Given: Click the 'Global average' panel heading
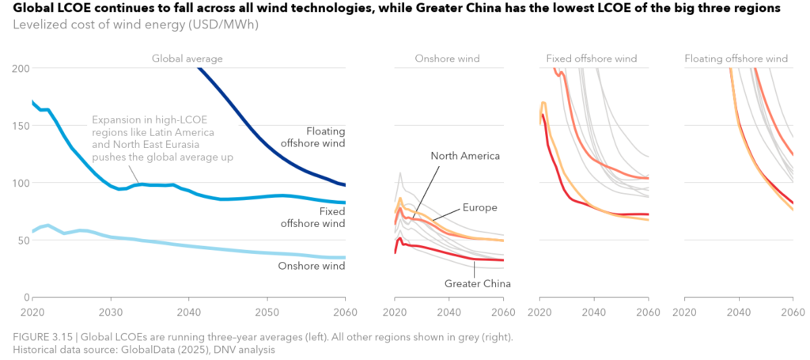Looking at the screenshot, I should click(187, 59).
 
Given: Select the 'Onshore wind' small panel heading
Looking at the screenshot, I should click(447, 59).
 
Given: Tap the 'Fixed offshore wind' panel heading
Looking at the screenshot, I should click(591, 59).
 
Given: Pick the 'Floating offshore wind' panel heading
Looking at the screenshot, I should click(736, 59).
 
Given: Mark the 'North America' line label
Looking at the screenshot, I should click(465, 156).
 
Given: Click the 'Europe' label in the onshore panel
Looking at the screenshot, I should click(479, 207).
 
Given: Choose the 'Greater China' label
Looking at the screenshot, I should click(477, 283).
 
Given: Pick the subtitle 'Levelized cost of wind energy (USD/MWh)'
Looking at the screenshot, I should click(135, 25).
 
